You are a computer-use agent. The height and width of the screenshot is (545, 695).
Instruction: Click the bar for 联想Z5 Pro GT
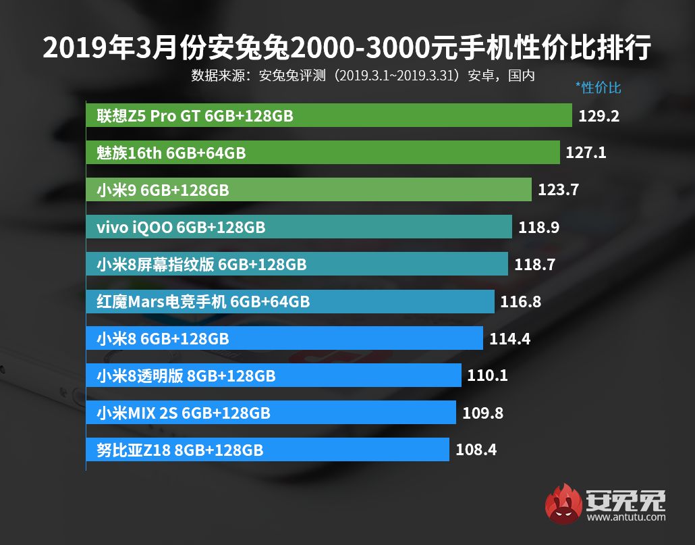pyautogui.click(x=329, y=116)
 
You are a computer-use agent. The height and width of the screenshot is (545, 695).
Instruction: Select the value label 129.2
pyautogui.click(x=599, y=116)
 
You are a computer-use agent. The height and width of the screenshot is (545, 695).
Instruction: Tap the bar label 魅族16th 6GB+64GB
pyautogui.click(x=171, y=153)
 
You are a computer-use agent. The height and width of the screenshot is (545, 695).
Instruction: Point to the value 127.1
pyautogui.click(x=586, y=153)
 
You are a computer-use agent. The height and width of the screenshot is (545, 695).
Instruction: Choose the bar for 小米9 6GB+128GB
pyautogui.click(x=308, y=190)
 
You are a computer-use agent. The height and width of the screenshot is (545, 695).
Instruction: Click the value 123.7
pyautogui.click(x=558, y=190)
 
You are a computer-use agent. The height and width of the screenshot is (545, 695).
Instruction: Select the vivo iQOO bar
pyautogui.click(x=298, y=227)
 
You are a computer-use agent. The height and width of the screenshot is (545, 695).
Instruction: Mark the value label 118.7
pyautogui.click(x=534, y=264)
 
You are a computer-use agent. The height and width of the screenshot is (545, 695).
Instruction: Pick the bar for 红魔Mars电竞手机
pyautogui.click(x=290, y=301)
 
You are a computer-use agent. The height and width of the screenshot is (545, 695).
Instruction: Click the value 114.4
pyautogui.click(x=509, y=338)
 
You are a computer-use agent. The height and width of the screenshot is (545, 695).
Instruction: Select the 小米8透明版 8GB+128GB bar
pyautogui.click(x=273, y=375)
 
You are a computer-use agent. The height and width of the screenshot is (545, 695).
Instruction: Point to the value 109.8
pyautogui.click(x=482, y=412)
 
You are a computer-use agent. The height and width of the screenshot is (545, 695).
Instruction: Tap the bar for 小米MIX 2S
pyautogui.click(x=271, y=412)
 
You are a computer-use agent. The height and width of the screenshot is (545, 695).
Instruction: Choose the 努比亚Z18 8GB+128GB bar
pyautogui.click(x=267, y=449)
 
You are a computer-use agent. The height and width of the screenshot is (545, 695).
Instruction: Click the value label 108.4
pyautogui.click(x=476, y=449)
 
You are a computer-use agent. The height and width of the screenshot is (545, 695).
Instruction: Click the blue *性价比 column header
pyautogui.click(x=598, y=87)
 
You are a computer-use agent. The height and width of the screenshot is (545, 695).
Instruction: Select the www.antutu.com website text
pyautogui.click(x=626, y=518)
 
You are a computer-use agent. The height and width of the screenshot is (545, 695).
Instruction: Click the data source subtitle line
pyautogui.click(x=363, y=74)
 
